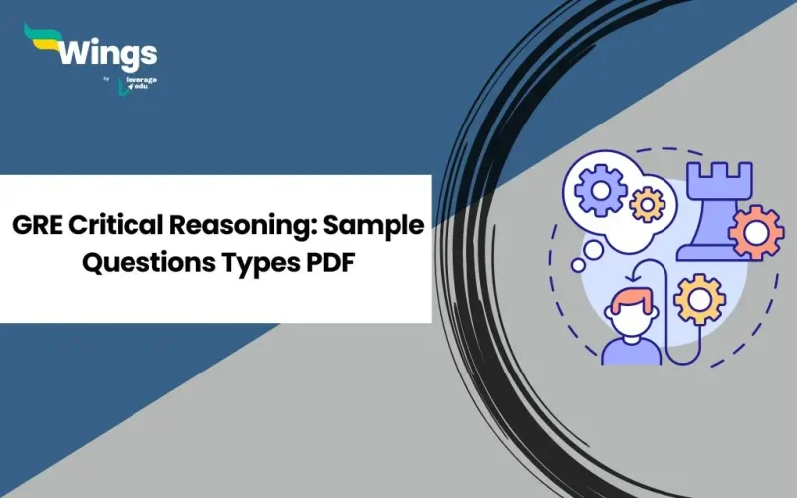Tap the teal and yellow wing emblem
[41, 41]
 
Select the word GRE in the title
[39, 226]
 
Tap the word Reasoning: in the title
[239, 226]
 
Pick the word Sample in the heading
[375, 226]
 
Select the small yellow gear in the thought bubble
[647, 203]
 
